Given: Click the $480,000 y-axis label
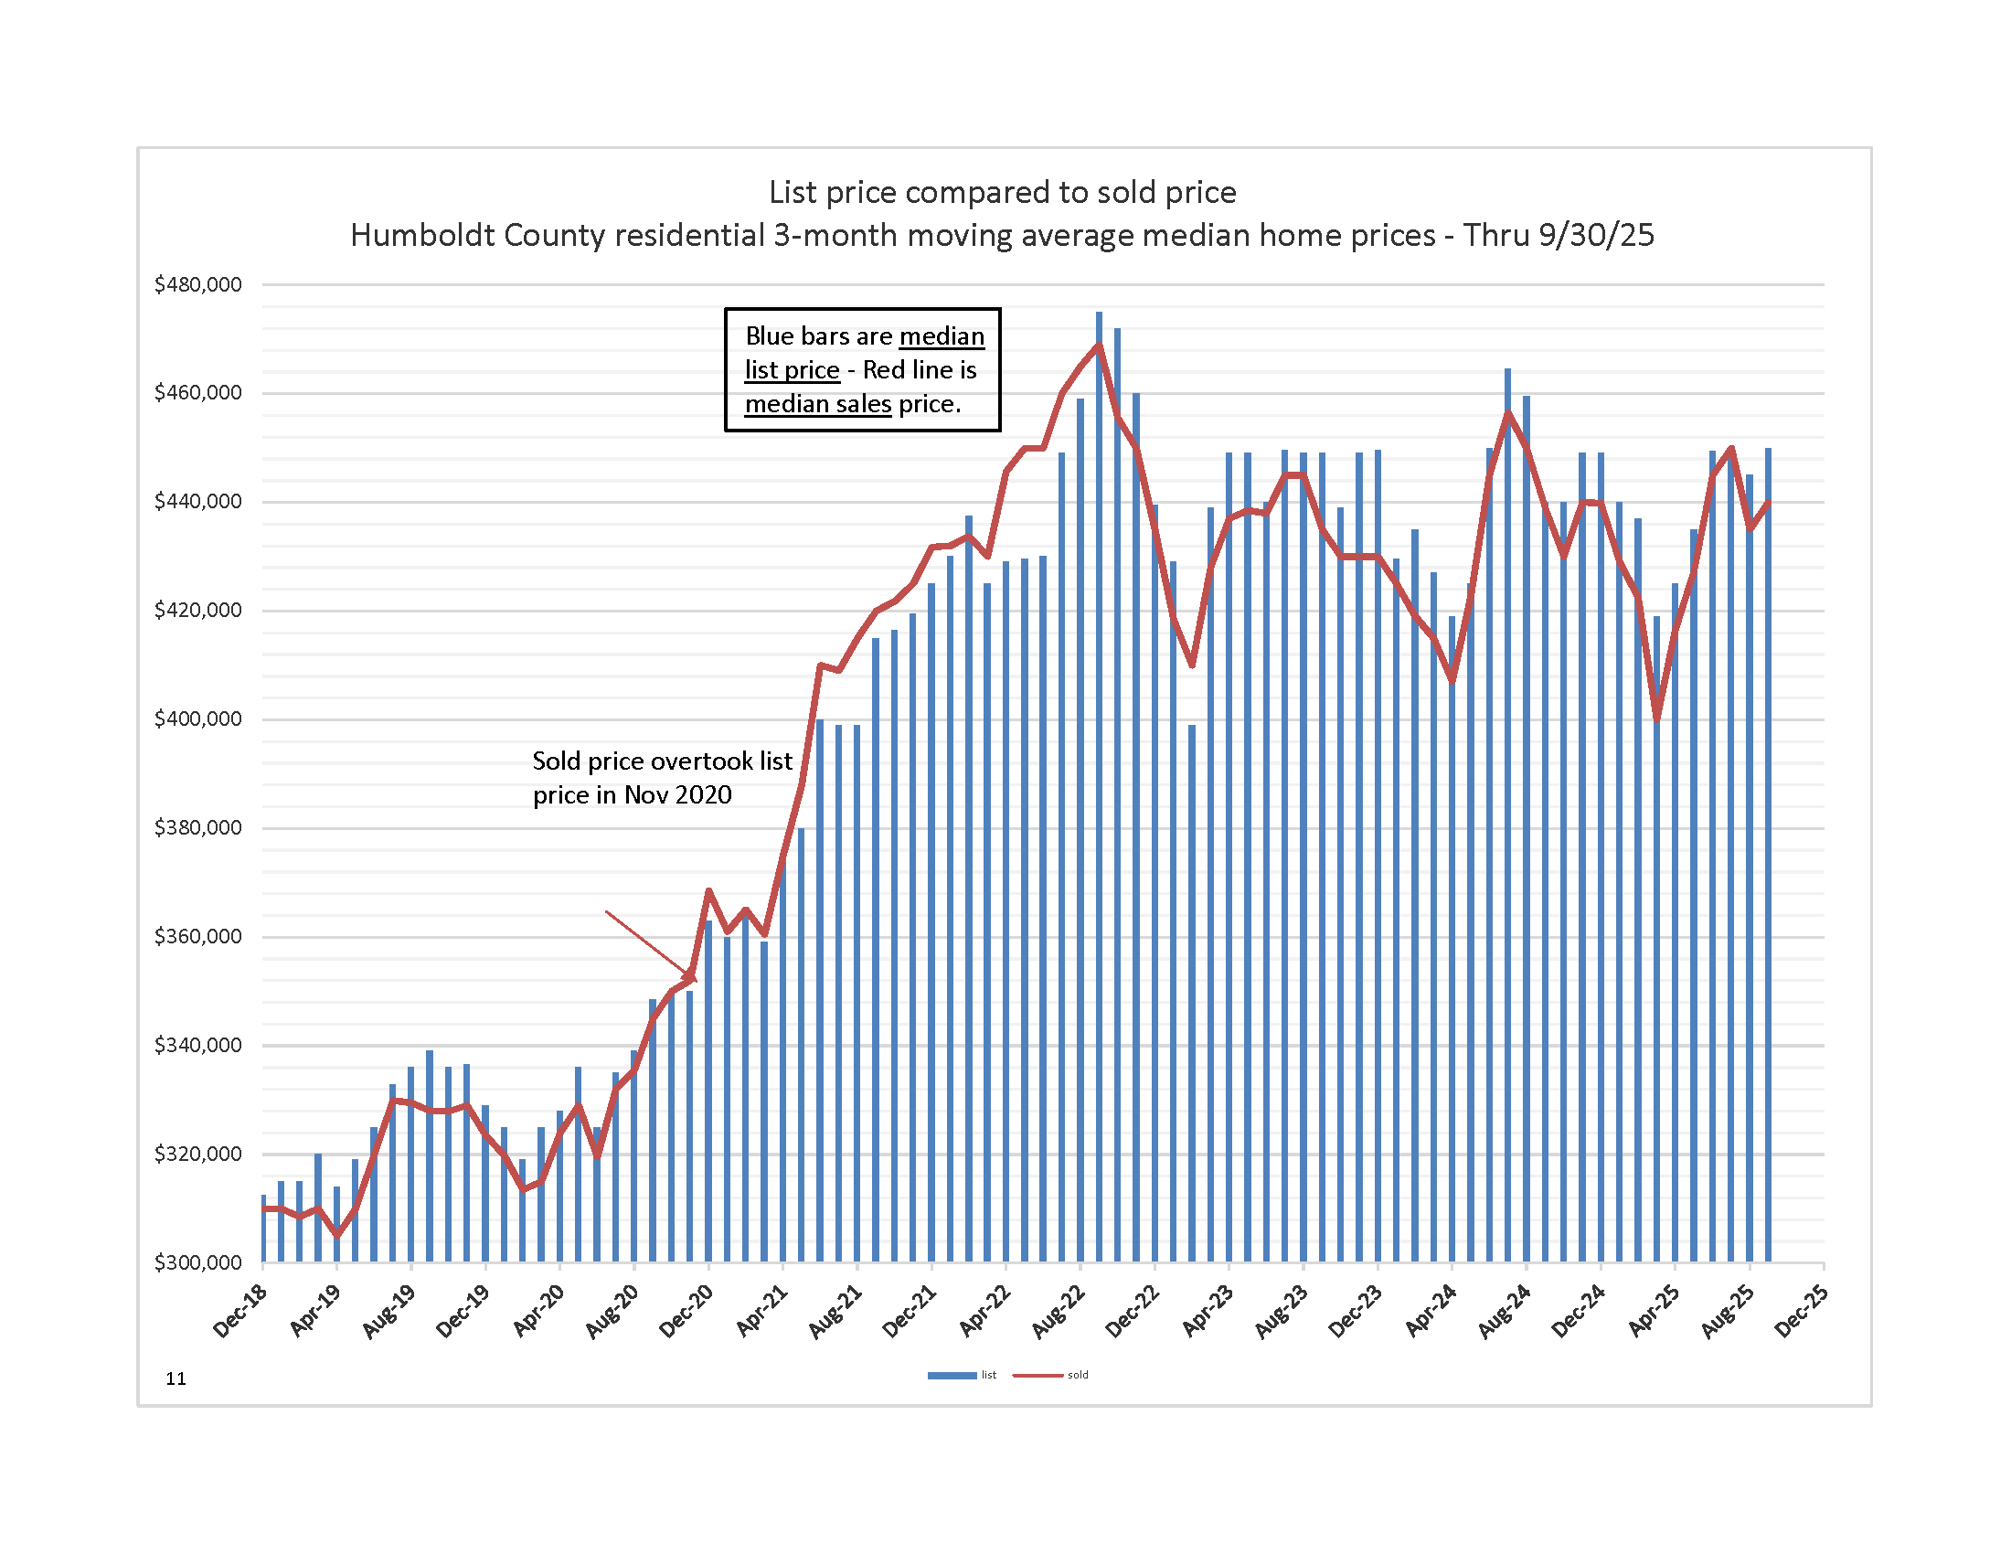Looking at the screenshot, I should coord(198,284).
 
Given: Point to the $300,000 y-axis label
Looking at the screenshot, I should coord(198,1262).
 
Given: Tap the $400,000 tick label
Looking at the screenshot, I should coord(198,718).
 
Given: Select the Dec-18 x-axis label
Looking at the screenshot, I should coord(241,1310).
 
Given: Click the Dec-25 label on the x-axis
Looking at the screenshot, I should coord(1802,1310).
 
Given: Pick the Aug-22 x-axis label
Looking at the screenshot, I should coord(1059,1310).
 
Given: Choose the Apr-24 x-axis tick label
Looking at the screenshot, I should coord(1431,1310).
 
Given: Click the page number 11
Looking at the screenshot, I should coord(176,1378).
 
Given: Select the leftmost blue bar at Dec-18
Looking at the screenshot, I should coord(263,1229).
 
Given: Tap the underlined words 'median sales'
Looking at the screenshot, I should coord(818,404).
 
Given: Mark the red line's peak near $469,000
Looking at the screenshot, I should coord(1099,346).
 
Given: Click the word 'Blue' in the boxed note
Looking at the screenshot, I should coord(771,336).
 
